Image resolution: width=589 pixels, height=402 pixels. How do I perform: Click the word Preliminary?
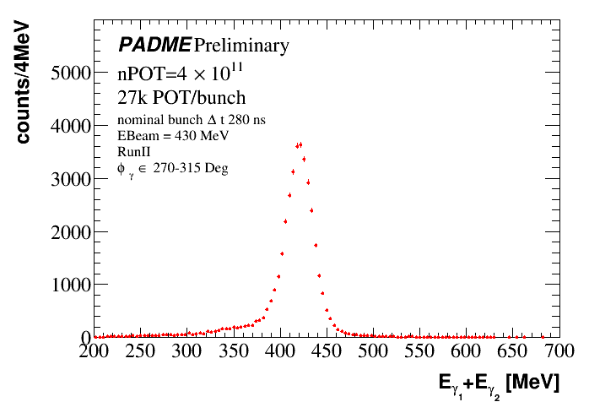pyautogui.click(x=242, y=45)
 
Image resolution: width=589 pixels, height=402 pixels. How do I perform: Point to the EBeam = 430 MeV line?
pyautogui.click(x=173, y=135)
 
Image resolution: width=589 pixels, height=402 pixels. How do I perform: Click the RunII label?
pyautogui.click(x=134, y=150)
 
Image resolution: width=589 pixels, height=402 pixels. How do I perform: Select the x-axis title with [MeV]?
pyautogui.click(x=498, y=384)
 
